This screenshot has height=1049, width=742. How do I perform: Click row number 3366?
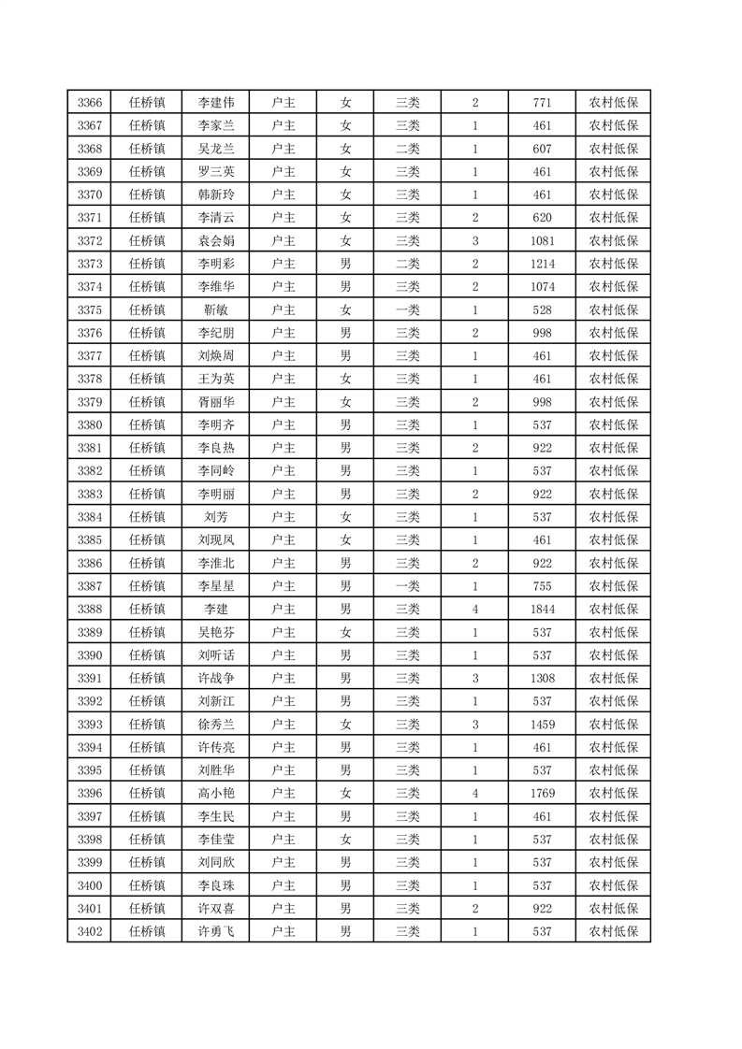[x=90, y=103]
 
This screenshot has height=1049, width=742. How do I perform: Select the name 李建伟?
[x=216, y=103]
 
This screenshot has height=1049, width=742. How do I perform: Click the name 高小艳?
[x=216, y=793]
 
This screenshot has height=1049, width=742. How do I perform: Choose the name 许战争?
[x=216, y=678]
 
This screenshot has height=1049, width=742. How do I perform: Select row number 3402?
[x=90, y=931]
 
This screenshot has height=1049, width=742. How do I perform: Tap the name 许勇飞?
[x=216, y=931]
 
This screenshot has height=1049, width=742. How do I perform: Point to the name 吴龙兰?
[x=216, y=149]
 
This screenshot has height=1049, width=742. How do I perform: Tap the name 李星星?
[x=216, y=586]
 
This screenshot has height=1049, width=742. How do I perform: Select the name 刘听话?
[x=216, y=654]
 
